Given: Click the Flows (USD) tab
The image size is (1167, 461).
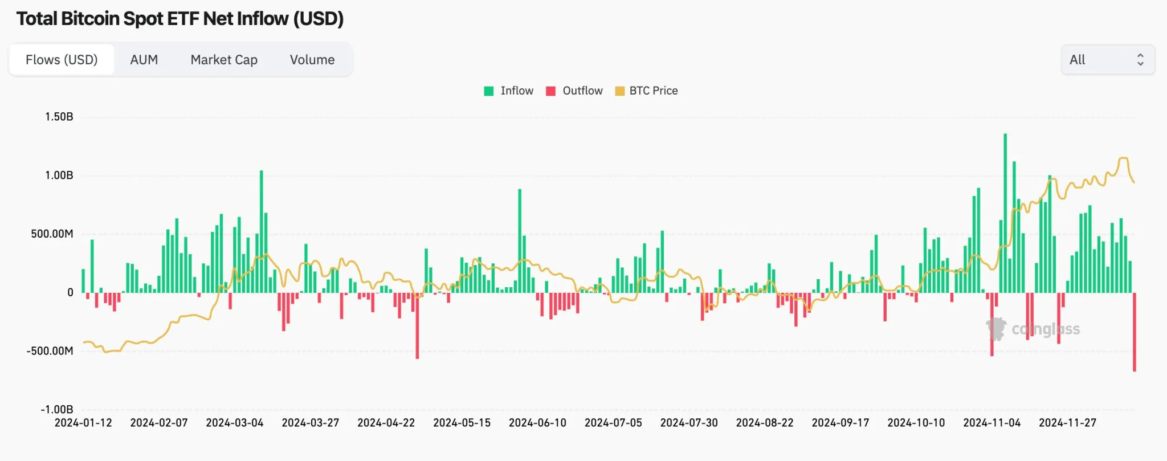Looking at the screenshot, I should point(62,60).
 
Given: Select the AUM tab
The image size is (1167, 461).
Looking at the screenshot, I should point(144,60).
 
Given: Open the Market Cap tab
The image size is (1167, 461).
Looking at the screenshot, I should point(224,60).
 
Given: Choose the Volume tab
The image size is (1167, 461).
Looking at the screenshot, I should point(312,60).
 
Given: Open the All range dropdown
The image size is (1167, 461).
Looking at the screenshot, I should point(1107,60).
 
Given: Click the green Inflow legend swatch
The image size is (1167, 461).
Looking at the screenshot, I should point(489,91).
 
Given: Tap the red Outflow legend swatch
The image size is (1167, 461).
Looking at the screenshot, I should point(550,91).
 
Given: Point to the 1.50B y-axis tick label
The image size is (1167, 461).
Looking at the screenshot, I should point(59,117).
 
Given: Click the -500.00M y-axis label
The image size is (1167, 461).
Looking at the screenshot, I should point(50,351).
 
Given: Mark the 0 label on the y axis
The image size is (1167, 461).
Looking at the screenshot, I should point(70,292).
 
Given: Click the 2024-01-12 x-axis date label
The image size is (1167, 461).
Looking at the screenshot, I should point(83,423).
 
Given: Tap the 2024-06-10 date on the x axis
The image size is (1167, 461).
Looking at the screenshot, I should point(537,423).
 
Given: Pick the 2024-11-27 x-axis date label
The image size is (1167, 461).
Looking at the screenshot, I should point(1067,423).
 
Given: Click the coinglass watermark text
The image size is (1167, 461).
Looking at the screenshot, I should point(1045,329).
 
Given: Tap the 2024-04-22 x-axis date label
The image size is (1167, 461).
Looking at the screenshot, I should point(386,423).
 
